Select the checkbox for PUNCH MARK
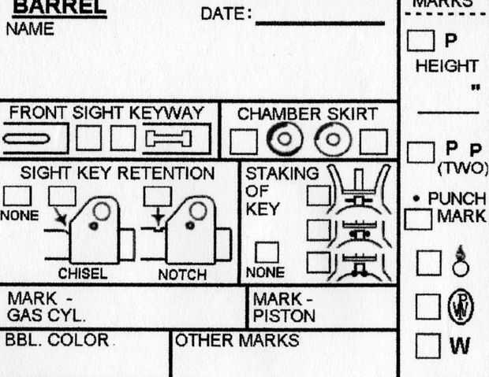coord(416,218)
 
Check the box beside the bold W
coord(427,344)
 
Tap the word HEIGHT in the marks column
coord(446,66)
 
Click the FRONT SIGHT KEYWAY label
coord(106,113)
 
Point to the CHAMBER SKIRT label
coord(307,114)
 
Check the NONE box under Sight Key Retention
coord(19,196)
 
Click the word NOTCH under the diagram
coord(182,275)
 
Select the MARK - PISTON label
coord(284,308)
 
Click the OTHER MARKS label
coord(237,341)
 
